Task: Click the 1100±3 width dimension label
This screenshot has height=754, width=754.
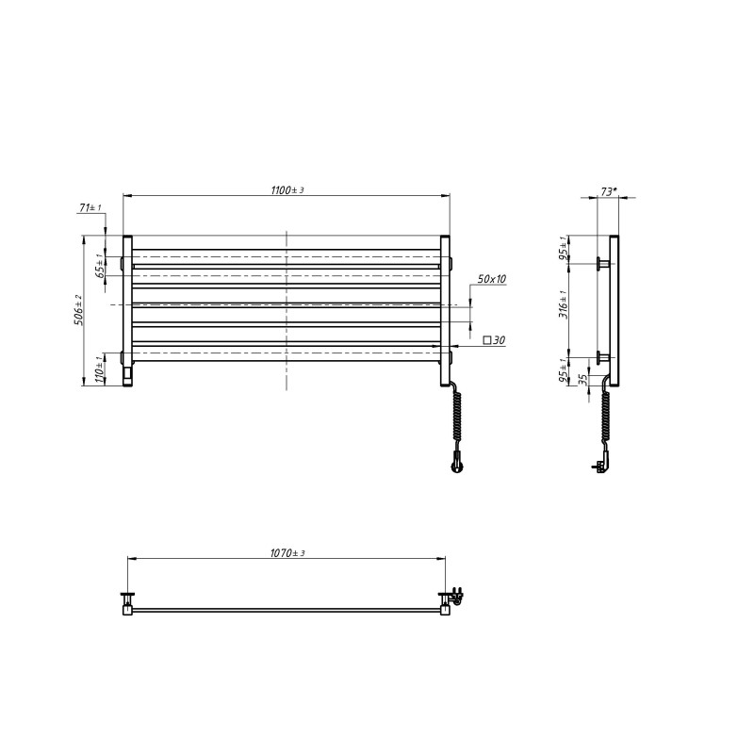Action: coord(287,190)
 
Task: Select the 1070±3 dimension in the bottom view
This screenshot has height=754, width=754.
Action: coord(287,553)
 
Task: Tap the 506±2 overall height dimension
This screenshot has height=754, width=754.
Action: coord(78,310)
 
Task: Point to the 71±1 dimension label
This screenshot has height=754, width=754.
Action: coord(90,207)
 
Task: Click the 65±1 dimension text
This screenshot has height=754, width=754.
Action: coord(100,266)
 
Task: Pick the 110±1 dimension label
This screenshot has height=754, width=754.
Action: coord(100,369)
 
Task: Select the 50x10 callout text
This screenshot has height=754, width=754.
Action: coord(491,279)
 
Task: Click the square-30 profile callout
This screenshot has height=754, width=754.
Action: coord(494,340)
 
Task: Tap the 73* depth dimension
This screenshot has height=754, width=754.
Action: coord(608,191)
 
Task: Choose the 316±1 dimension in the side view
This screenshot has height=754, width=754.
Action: coord(564,304)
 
